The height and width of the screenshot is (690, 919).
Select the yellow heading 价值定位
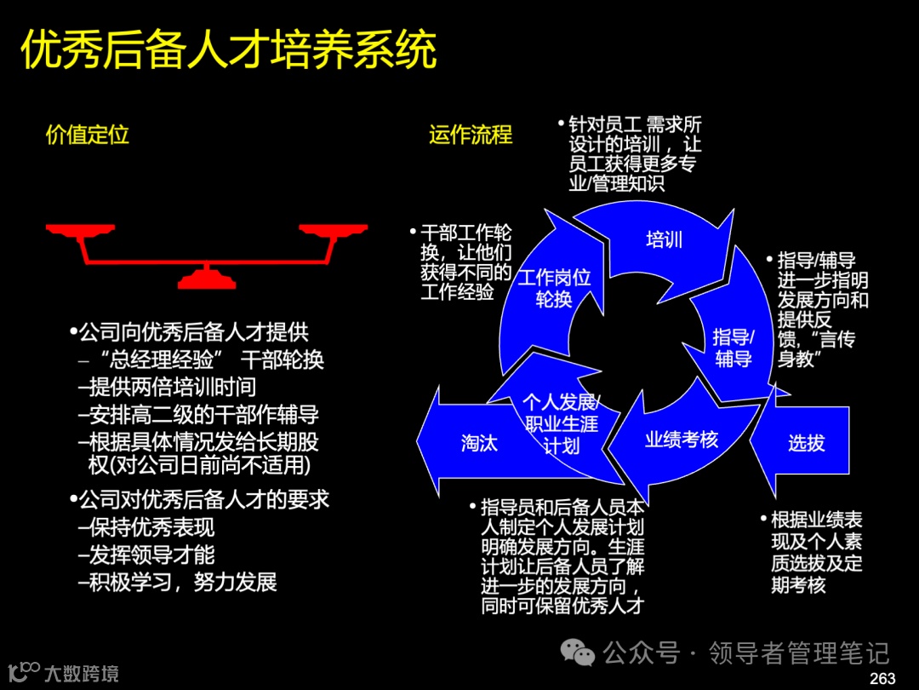pos(87,135)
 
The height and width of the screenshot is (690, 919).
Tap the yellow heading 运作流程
pos(471,135)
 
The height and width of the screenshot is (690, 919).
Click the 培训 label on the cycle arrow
pos(665,239)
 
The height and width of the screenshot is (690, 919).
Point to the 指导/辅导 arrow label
pos(733,348)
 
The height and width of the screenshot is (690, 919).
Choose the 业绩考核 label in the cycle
pos(682,440)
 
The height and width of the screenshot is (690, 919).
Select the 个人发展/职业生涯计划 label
pos(561,423)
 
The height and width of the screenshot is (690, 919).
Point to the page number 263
pos(882,678)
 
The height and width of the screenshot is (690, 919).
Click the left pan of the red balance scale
pos(80,230)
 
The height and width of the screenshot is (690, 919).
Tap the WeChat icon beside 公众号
pos(582,653)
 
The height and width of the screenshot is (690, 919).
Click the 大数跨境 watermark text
pos(82,674)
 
